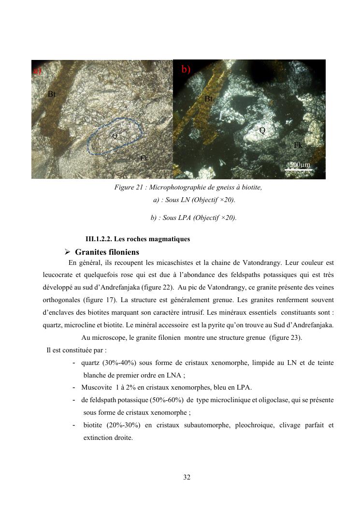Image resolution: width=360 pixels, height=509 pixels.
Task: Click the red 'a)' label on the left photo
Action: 37,71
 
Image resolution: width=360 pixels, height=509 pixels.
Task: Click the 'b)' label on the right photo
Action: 186,70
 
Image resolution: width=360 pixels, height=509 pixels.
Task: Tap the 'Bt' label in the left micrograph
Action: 52,94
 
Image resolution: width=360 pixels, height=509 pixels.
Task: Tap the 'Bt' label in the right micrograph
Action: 209,99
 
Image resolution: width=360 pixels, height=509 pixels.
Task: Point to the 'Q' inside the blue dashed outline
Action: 115,136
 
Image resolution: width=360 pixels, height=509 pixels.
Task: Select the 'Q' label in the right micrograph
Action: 262,131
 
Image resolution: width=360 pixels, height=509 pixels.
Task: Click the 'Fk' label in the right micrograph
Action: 298,145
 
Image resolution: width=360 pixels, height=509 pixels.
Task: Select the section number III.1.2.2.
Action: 98,239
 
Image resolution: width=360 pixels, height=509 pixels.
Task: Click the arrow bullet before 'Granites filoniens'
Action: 68,252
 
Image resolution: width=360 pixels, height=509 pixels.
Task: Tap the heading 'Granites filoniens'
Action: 107,252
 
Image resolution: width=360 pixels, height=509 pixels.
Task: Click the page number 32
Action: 187,478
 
